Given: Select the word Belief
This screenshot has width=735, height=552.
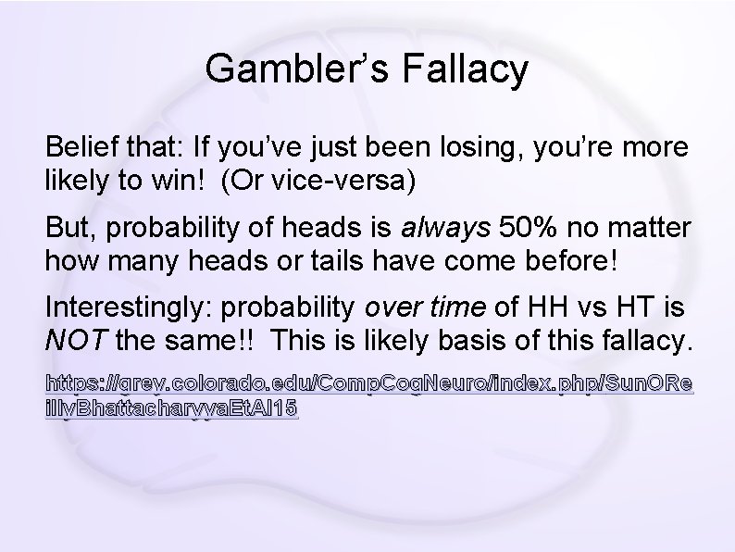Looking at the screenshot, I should tap(80, 148).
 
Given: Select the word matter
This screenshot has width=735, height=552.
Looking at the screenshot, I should tap(654, 228).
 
